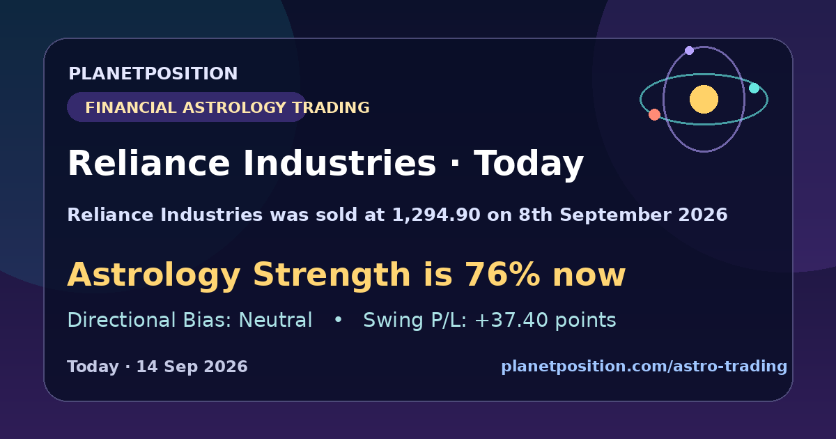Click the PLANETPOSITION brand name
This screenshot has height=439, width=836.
coord(153,73)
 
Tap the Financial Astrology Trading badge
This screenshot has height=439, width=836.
coord(187,107)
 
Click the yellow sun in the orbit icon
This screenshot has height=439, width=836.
coord(704,99)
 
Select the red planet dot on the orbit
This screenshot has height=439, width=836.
coord(654,114)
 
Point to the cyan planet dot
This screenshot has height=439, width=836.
coord(754,88)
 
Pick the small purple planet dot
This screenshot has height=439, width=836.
coord(689,50)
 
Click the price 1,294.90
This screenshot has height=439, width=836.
coord(436,215)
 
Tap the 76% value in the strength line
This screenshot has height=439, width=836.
coord(502,275)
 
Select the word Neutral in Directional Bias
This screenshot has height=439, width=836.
coord(275,320)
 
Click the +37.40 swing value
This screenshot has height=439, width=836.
coord(511,320)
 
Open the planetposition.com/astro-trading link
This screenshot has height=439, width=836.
coord(644,367)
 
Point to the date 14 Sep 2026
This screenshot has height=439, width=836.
coord(192,367)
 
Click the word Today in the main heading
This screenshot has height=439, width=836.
coord(529,163)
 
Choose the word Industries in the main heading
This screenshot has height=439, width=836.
coord(340,163)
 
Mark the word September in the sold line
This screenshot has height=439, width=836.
coord(615,215)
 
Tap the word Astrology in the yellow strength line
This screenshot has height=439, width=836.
coord(154,275)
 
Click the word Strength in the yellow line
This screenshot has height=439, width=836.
coord(332,275)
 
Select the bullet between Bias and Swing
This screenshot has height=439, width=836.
coord(338,320)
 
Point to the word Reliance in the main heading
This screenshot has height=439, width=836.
coord(148,163)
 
